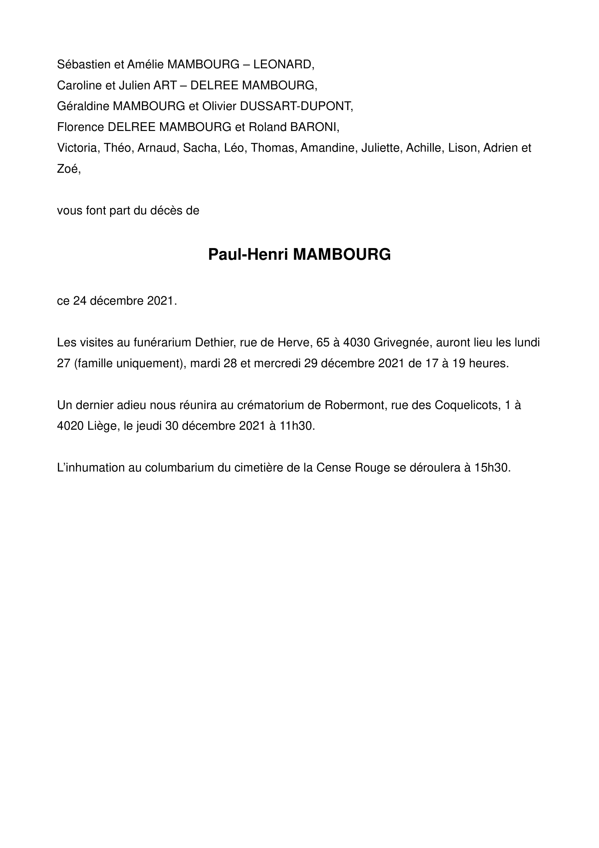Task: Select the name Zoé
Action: (68, 169)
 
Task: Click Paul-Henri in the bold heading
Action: (248, 255)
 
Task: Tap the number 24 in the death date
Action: (80, 301)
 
